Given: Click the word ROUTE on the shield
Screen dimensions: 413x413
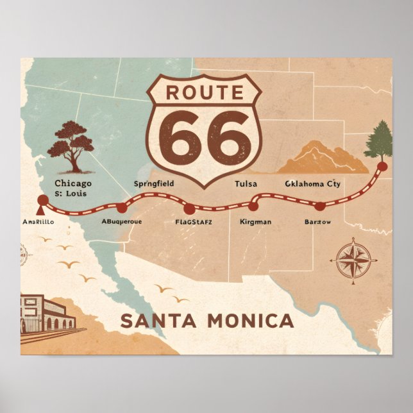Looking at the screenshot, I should pos(205,92).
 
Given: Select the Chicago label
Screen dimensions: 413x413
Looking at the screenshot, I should pos(73,183).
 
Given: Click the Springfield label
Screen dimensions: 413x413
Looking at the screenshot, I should pos(153,184).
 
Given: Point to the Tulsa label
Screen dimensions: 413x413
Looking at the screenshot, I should pos(246,184).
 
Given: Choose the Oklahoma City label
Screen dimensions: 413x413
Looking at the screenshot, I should pos(312,184).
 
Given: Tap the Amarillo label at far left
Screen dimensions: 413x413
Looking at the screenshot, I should pos(38,222).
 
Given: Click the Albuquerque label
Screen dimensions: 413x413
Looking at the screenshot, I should pos(122,222).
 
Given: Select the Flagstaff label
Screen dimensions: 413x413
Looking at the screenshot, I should pos(193,223).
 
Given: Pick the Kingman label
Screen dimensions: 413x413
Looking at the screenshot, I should pos(255,222).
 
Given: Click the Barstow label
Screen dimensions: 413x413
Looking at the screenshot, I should pos(318,222).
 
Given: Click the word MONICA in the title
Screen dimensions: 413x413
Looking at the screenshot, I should pos(249,321).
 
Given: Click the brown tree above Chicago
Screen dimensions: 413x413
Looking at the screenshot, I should pos(71,145).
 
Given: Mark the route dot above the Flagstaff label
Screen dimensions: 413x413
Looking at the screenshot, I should pos(189,209).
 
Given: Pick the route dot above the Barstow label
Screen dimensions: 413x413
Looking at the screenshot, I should pos(319,206).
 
